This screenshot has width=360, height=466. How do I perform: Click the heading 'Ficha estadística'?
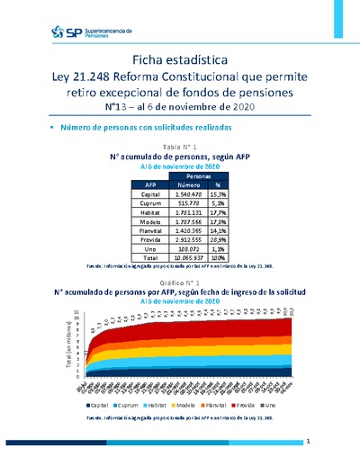179,58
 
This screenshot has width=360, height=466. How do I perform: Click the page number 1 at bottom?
307,442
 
